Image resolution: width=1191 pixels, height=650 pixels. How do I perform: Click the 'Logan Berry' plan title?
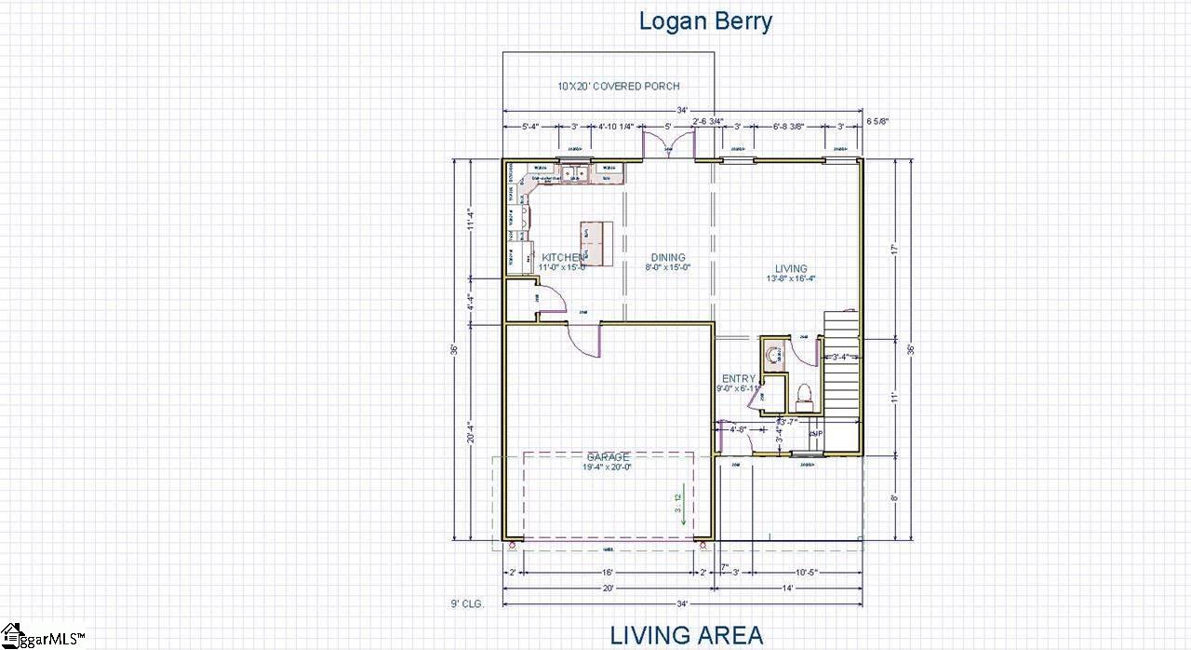pos(705,21)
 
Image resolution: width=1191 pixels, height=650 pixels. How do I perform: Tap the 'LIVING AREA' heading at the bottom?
pos(687,635)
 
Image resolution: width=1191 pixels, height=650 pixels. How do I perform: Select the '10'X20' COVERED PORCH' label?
pos(605,86)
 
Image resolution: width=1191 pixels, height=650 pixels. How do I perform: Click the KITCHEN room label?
pos(563,258)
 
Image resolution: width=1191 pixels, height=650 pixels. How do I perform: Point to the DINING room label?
pos(668,258)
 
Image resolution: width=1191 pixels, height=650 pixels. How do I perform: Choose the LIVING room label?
pos(791,269)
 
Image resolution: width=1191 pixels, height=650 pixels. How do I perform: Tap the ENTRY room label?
pos(739,379)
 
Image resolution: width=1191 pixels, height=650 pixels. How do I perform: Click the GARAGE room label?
pos(608,457)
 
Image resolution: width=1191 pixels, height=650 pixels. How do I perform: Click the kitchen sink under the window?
pos(571,172)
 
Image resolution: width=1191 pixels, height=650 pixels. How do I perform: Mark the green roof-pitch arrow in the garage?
pos(684,504)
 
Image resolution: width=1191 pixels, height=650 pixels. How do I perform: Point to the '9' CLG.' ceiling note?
pos(466,603)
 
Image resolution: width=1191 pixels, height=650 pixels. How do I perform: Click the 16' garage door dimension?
pos(607,572)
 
